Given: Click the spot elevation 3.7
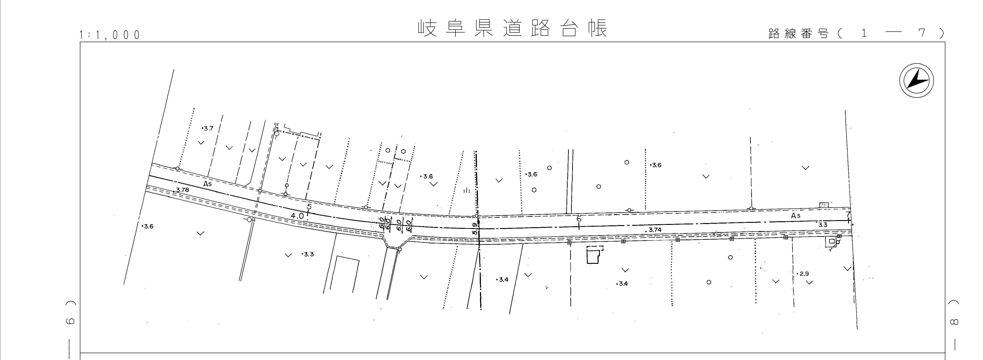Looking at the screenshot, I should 208,128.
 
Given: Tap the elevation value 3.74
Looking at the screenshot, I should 655,230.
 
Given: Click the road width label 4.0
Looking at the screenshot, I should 297,215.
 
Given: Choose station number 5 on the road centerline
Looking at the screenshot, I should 309,207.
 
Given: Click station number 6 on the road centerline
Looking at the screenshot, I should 579,219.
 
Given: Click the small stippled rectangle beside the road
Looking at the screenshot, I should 824,205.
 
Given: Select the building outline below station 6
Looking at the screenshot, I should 594,255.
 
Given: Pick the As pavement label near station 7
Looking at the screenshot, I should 796,215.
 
